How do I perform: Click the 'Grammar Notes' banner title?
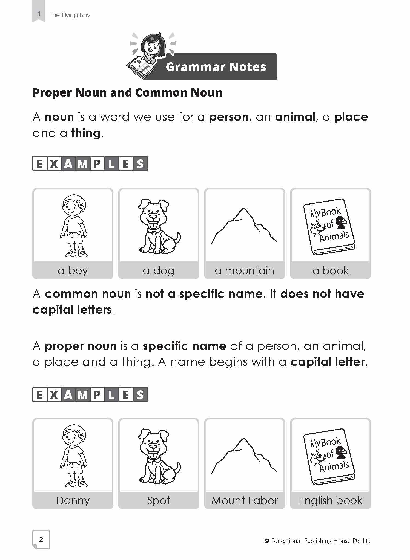pyautogui.click(x=216, y=67)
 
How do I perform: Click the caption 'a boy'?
pyautogui.click(x=73, y=271)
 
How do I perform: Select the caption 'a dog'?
pyautogui.click(x=159, y=271)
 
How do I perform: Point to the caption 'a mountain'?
pyautogui.click(x=244, y=271)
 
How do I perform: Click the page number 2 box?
pyautogui.click(x=41, y=539)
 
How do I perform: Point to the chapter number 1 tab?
pyautogui.click(x=39, y=14)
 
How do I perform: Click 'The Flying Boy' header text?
pyautogui.click(x=70, y=15)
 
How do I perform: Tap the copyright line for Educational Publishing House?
pyautogui.click(x=317, y=541)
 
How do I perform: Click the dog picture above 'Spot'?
pyautogui.click(x=158, y=456)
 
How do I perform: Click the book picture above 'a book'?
pyautogui.click(x=329, y=226)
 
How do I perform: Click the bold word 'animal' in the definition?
pyautogui.click(x=295, y=117)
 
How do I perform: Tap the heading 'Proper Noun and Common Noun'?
pyautogui.click(x=127, y=93)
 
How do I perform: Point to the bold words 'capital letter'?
pyautogui.click(x=328, y=362)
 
